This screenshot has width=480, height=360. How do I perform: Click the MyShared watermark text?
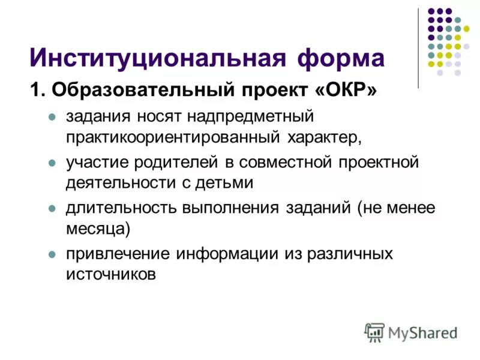(x=424, y=332)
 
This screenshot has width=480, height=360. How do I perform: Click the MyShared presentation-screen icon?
(x=374, y=332)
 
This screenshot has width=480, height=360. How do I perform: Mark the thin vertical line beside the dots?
(x=418, y=48)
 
